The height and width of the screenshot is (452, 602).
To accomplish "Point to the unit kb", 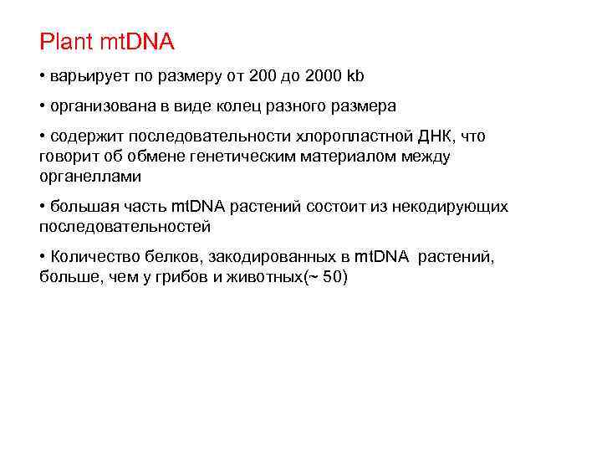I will pyautogui.click(x=357, y=77).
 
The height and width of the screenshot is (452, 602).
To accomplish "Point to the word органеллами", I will pyautogui.click(x=89, y=177).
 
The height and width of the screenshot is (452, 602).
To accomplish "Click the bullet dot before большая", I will pyautogui.click(x=43, y=207).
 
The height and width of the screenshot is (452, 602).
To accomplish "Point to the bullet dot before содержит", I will pyautogui.click(x=43, y=136).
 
